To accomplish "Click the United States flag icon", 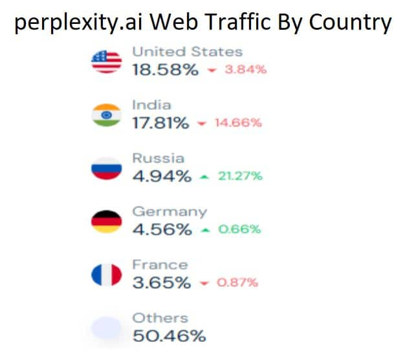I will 107,62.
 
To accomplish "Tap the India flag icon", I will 107,115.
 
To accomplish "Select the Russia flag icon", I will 107,168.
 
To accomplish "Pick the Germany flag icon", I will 107,222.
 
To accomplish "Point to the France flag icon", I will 107,275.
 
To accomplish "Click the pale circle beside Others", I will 107,328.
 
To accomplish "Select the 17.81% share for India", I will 160,123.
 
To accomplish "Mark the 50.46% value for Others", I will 169,336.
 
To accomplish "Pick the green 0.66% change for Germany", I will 239,229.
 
